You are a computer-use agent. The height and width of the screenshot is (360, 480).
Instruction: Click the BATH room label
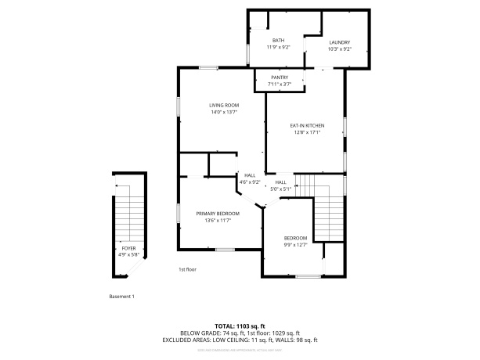click(278, 41)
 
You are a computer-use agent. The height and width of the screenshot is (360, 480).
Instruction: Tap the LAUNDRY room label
click(339, 42)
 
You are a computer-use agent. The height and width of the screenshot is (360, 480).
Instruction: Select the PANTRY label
click(280, 77)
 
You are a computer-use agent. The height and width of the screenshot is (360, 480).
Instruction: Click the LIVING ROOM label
click(224, 105)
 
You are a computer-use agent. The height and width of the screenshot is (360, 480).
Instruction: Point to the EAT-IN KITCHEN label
click(307, 125)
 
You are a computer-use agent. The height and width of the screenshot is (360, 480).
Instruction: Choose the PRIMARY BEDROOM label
click(218, 214)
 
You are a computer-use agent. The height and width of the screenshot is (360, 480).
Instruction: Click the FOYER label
click(128, 247)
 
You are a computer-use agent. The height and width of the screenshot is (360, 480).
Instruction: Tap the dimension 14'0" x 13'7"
click(224, 112)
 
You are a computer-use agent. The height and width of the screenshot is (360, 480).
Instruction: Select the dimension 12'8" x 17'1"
click(307, 132)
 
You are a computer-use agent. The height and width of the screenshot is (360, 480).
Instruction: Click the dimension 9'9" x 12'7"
click(295, 244)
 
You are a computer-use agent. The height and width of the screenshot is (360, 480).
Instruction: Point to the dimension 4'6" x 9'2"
click(250, 182)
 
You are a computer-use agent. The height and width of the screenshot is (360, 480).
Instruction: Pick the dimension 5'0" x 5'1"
click(280, 189)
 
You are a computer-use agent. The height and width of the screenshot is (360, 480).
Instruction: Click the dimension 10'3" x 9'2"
click(339, 49)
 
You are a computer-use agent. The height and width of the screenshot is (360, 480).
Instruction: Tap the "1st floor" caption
click(186, 269)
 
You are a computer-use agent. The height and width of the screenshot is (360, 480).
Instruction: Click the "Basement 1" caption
click(121, 296)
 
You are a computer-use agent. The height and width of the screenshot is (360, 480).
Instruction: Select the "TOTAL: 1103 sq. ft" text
click(240, 326)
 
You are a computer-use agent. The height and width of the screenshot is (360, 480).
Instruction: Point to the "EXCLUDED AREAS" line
click(240, 340)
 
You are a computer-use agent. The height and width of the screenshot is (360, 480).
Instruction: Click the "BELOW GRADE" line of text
click(240, 333)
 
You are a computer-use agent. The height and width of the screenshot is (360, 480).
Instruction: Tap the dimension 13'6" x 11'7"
click(218, 221)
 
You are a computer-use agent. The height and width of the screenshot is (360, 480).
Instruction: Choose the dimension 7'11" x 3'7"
click(280, 84)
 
